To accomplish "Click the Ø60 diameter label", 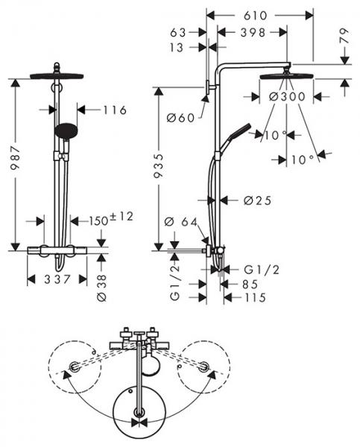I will click(x=181, y=116).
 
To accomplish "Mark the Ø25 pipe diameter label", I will click(x=257, y=200).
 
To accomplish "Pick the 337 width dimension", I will click(x=56, y=279).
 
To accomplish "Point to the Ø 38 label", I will click(x=104, y=284).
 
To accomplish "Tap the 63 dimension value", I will click(x=177, y=33).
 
